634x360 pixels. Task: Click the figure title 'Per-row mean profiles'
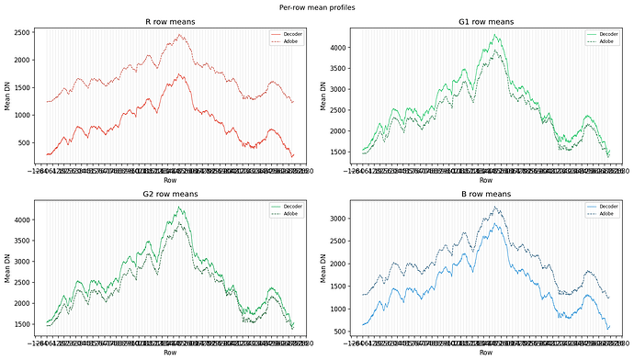(x=317, y=6)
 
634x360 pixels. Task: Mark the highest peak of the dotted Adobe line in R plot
(x=180, y=35)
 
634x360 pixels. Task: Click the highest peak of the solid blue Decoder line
(x=497, y=223)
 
